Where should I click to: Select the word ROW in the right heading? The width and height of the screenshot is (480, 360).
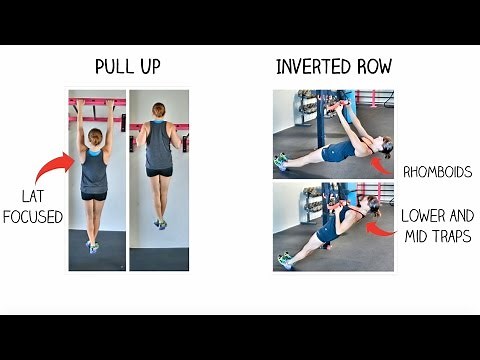371,68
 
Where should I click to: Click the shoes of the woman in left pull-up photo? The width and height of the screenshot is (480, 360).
92,246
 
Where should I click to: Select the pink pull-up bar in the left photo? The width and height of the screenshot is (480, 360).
97,101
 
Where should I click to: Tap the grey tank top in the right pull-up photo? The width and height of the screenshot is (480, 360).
158,145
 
